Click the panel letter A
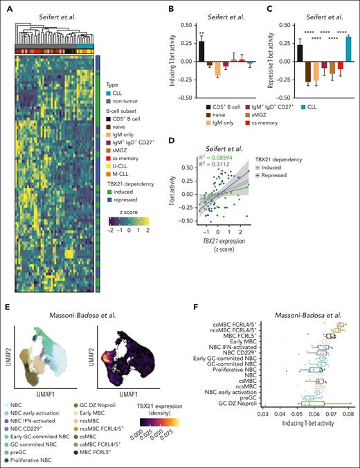coord(6,6)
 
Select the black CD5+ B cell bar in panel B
coord(201,51)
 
